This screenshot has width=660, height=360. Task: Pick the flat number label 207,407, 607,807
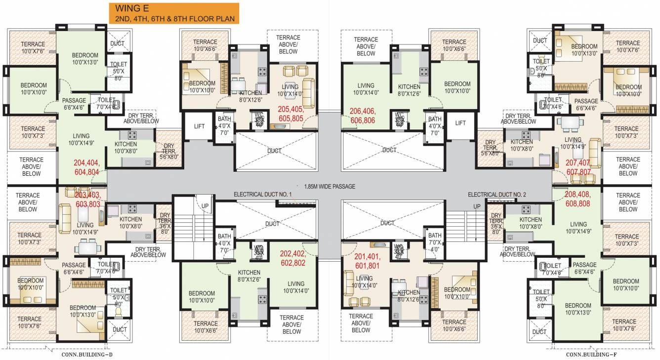point(578,167)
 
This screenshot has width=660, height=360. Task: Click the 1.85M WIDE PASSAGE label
point(330,187)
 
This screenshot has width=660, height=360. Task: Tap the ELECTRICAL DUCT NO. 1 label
point(263,195)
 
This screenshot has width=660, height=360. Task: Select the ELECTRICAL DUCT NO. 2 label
point(496,195)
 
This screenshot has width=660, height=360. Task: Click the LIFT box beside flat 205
point(199,126)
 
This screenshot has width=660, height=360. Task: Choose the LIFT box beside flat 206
point(460,123)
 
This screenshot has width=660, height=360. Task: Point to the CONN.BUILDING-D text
point(86,354)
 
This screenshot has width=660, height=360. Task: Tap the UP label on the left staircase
point(205,205)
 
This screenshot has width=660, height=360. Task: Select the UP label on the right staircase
point(477,206)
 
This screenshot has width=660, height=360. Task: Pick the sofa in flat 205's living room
point(309,92)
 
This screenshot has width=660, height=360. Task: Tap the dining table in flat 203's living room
point(87,246)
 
